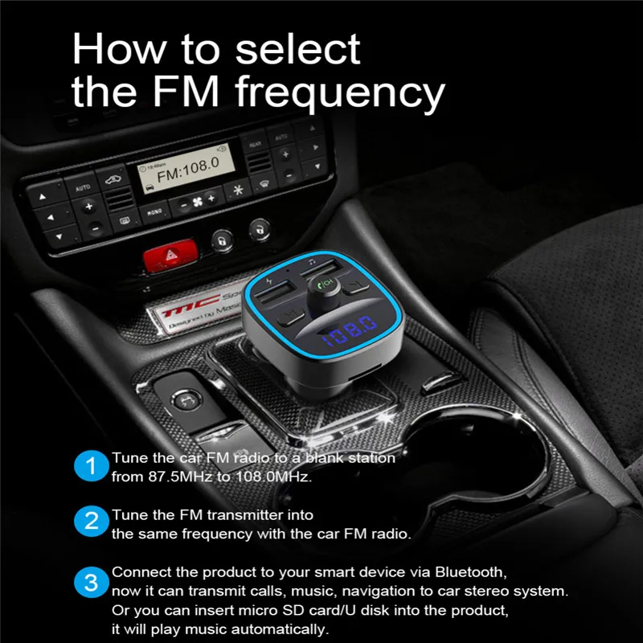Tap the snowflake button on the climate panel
237,190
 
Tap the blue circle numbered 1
91,466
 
